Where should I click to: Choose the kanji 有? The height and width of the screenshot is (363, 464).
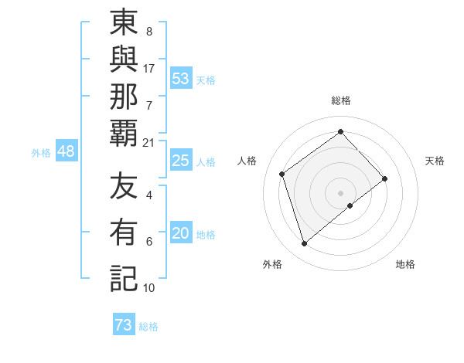coord(124,231)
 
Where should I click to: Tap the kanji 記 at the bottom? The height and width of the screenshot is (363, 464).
coord(124,277)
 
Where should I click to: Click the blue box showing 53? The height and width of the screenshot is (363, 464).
coord(181,79)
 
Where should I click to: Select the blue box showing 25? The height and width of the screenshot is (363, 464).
coord(181,161)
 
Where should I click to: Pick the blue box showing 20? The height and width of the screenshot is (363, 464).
coord(181,234)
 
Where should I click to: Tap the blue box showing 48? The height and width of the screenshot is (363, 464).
coord(66,152)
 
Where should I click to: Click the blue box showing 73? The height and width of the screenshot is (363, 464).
coord(124,325)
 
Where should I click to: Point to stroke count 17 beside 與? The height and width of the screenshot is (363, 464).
coord(149,69)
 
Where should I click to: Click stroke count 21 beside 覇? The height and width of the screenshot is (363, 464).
coord(149,143)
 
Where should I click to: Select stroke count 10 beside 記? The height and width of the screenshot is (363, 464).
coord(149,288)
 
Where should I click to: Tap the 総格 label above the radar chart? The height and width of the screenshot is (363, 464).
coord(341,100)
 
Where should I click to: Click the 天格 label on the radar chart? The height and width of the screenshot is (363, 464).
coord(435,161)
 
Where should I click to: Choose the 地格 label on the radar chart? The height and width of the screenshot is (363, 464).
coord(405,264)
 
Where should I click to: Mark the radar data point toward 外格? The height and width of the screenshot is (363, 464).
coord(304,244)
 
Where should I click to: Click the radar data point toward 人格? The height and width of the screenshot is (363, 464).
coord(282,174)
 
